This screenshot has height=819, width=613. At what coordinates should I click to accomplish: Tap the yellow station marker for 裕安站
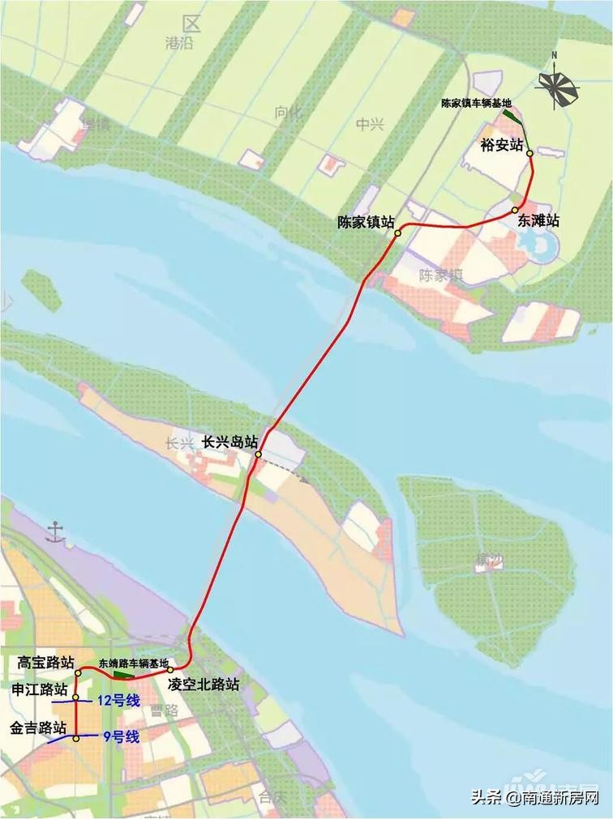(x=529, y=152)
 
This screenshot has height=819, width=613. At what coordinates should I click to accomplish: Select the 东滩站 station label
(x=534, y=220)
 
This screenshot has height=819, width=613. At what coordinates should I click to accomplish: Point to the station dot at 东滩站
(x=515, y=211)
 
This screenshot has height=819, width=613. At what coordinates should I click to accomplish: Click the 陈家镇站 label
(x=366, y=222)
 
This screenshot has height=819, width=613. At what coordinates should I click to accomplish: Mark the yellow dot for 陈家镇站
(x=398, y=233)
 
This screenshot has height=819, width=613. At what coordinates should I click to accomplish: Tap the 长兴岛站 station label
(x=230, y=442)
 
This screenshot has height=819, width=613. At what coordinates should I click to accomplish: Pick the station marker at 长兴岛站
(x=258, y=454)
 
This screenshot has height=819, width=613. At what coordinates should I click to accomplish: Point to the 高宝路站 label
(x=46, y=663)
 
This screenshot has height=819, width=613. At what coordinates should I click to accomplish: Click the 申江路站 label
(x=39, y=689)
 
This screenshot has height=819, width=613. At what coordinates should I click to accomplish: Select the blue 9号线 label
(x=121, y=737)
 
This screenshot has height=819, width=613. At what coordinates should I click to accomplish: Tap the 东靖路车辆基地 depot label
(x=134, y=663)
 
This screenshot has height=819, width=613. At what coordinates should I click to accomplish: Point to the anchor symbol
(x=55, y=531)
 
